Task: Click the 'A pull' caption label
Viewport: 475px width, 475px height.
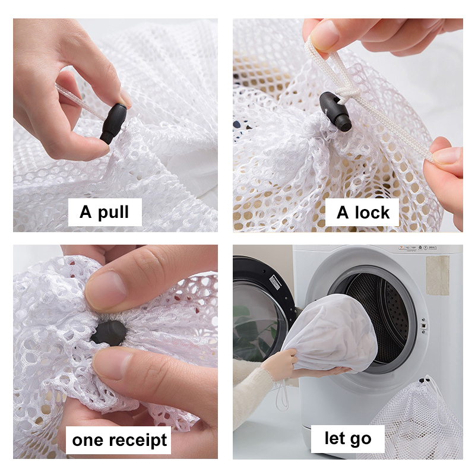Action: pos(105,212)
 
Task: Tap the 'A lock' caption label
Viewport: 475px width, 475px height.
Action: pos(362,213)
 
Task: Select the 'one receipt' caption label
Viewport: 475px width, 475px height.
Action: pos(118,440)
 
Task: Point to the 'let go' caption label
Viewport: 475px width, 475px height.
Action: pos(348,439)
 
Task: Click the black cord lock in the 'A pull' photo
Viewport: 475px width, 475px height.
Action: pos(113,123)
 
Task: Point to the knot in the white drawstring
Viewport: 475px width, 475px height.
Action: pos(346,93)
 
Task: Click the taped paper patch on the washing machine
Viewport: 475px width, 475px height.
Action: pos(438,275)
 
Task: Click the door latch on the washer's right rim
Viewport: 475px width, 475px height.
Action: pos(424,325)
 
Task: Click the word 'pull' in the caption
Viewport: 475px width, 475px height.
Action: pos(113,213)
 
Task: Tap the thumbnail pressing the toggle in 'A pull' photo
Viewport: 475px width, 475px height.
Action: pos(125,99)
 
